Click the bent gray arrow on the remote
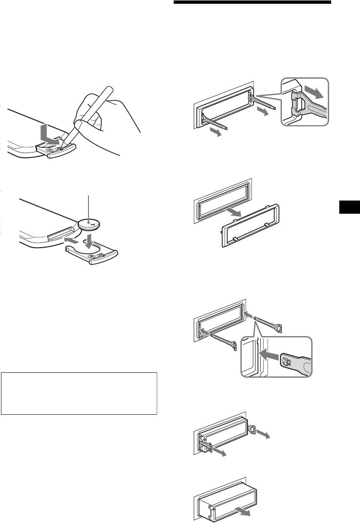click(50, 134)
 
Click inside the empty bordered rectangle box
click(79, 393)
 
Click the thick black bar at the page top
click(253, 3)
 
